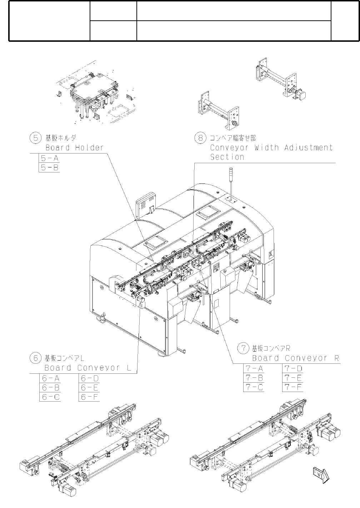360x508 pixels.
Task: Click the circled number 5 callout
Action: pos(35,138)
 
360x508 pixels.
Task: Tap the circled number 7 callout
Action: pos(243,348)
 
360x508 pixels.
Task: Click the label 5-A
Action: pos(49,159)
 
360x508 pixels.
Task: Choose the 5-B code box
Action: pos(49,167)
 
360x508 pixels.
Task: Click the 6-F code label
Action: pos(89,397)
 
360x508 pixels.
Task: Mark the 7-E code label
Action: pos(293,378)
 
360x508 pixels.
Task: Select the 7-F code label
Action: pos(293,387)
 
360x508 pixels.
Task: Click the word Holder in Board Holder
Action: pos(89,147)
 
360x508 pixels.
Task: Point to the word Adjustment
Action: pos(309,147)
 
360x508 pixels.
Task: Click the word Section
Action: pos(227,157)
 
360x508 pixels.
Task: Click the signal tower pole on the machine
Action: pos(231,182)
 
